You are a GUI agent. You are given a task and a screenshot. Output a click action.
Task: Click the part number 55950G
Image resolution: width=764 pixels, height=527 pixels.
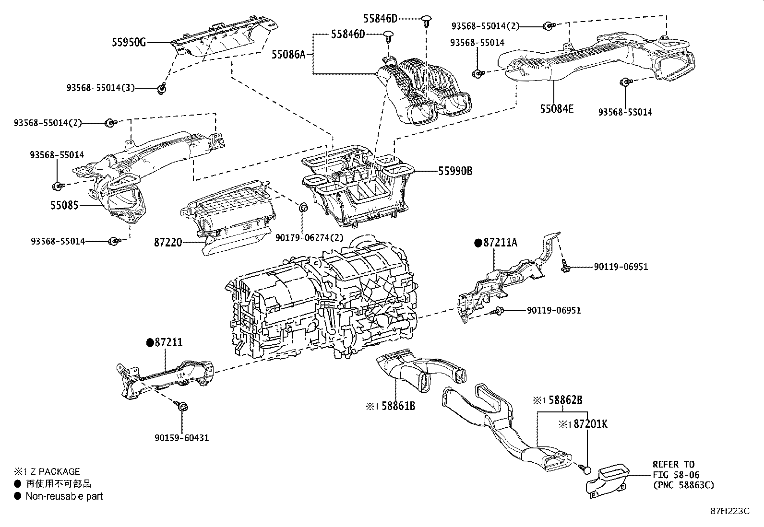pyautogui.click(x=129, y=42)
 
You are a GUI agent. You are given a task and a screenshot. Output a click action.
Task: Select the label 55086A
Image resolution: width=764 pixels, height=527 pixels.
pyautogui.click(x=288, y=54)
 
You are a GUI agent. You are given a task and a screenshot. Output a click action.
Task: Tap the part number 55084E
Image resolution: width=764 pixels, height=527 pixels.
pyautogui.click(x=556, y=109)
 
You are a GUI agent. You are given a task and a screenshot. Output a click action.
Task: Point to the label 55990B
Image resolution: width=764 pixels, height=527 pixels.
pyautogui.click(x=454, y=171)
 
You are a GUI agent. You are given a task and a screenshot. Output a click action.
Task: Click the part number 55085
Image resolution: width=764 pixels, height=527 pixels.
pyautogui.click(x=64, y=205)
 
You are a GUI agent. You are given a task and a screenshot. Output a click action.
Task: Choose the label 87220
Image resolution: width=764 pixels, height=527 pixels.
pyautogui.click(x=168, y=243)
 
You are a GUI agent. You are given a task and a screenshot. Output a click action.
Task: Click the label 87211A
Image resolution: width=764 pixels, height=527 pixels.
pyautogui.click(x=500, y=243)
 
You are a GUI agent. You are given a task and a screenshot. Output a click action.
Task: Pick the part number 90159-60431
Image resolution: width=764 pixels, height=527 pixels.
pyautogui.click(x=182, y=438)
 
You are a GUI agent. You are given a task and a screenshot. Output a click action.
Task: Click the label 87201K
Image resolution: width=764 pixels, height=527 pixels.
pyautogui.click(x=590, y=424)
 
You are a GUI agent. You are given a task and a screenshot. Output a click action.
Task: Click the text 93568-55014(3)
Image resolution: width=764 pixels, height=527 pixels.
pyautogui.click(x=101, y=88)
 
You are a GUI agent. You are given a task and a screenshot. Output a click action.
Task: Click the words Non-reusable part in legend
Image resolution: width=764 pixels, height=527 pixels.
pyautogui.click(x=64, y=496)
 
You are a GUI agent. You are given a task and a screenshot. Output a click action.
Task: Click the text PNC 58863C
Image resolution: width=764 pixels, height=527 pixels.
pyautogui.click(x=683, y=485)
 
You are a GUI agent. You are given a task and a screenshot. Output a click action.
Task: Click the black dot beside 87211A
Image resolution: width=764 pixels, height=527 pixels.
pyautogui.click(x=477, y=243)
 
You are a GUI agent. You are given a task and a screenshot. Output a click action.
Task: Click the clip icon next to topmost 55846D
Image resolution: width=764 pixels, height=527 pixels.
pyautogui.click(x=427, y=19)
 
